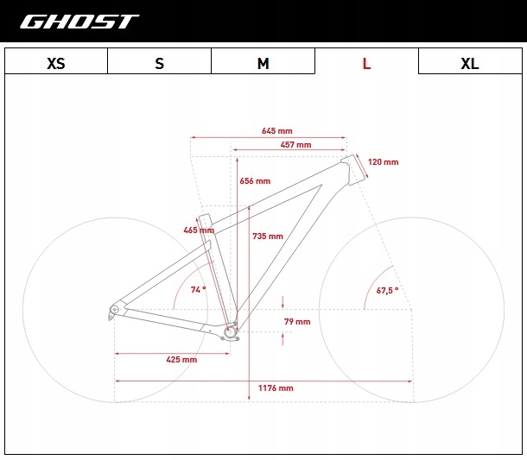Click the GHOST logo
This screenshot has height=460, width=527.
click(x=79, y=22)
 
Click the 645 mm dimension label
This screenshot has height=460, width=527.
click(x=277, y=130)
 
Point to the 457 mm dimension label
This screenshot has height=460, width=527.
click(x=295, y=145)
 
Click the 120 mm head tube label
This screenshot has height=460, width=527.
click(x=383, y=162)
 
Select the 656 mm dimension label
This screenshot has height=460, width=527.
click(x=255, y=181)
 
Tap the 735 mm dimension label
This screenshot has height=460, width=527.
click(x=268, y=236)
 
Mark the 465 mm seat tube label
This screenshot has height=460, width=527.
click(x=199, y=230)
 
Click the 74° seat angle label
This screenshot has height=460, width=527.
click(x=199, y=289)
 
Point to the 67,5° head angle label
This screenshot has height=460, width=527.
click(x=387, y=290)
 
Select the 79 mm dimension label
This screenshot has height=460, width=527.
click(x=297, y=322)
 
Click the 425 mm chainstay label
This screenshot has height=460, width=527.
click(x=181, y=360)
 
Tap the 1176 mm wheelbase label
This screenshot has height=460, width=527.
click(x=276, y=388)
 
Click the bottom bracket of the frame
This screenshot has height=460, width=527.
click(x=231, y=332)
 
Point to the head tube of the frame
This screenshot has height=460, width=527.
click(x=354, y=170)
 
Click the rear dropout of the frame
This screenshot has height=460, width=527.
click(x=113, y=311)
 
